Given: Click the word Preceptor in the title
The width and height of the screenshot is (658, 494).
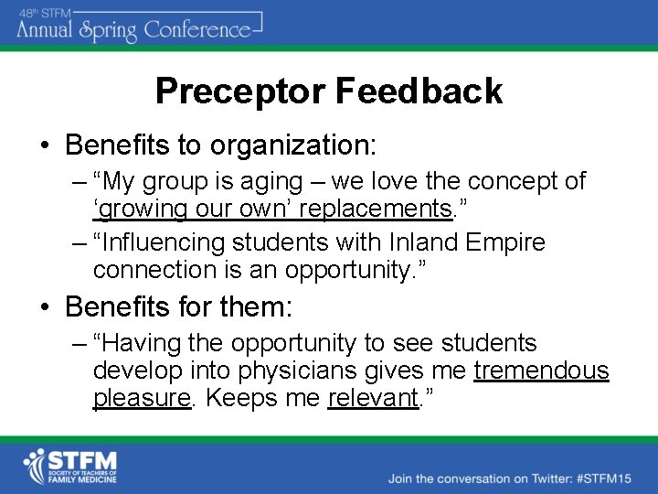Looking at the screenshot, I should click(x=239, y=91).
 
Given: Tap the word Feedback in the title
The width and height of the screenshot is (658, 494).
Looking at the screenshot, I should click(x=418, y=91).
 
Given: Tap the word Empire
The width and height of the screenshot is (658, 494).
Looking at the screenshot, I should click(x=505, y=242).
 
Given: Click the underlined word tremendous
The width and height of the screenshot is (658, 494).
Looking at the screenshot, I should click(x=542, y=370).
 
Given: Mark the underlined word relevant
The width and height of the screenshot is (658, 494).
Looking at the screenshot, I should click(x=371, y=399).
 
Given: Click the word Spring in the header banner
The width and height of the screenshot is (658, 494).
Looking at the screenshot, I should click(x=107, y=29).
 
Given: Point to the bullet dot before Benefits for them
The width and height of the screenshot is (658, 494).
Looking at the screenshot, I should click(x=44, y=307).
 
